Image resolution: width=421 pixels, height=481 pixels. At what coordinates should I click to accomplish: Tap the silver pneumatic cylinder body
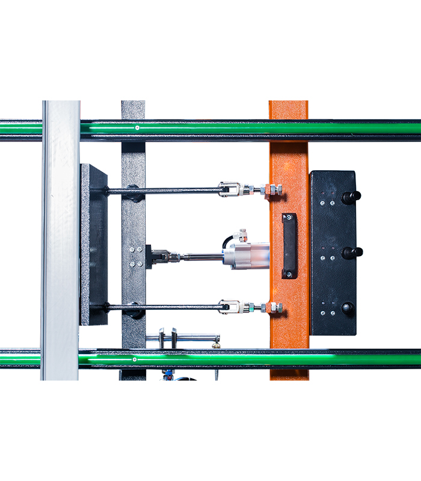[x=248, y=255]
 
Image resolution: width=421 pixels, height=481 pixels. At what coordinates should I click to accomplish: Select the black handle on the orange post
[x=290, y=245]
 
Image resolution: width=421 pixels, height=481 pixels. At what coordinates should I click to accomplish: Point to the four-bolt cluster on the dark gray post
[x=136, y=256]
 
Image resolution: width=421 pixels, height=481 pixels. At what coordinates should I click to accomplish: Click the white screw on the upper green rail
[x=137, y=127]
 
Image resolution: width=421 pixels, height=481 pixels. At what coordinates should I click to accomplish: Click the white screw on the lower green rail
[x=135, y=360]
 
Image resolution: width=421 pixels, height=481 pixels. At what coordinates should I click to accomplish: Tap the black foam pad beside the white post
[x=94, y=244]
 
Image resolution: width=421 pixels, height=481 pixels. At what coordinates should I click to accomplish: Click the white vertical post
[x=61, y=240]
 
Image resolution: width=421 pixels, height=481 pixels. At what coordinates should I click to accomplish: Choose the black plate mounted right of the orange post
[x=333, y=253]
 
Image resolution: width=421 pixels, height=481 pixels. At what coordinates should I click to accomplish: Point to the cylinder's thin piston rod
[x=201, y=258]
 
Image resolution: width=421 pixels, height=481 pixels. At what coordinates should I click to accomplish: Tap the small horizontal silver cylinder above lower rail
[x=186, y=338]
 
